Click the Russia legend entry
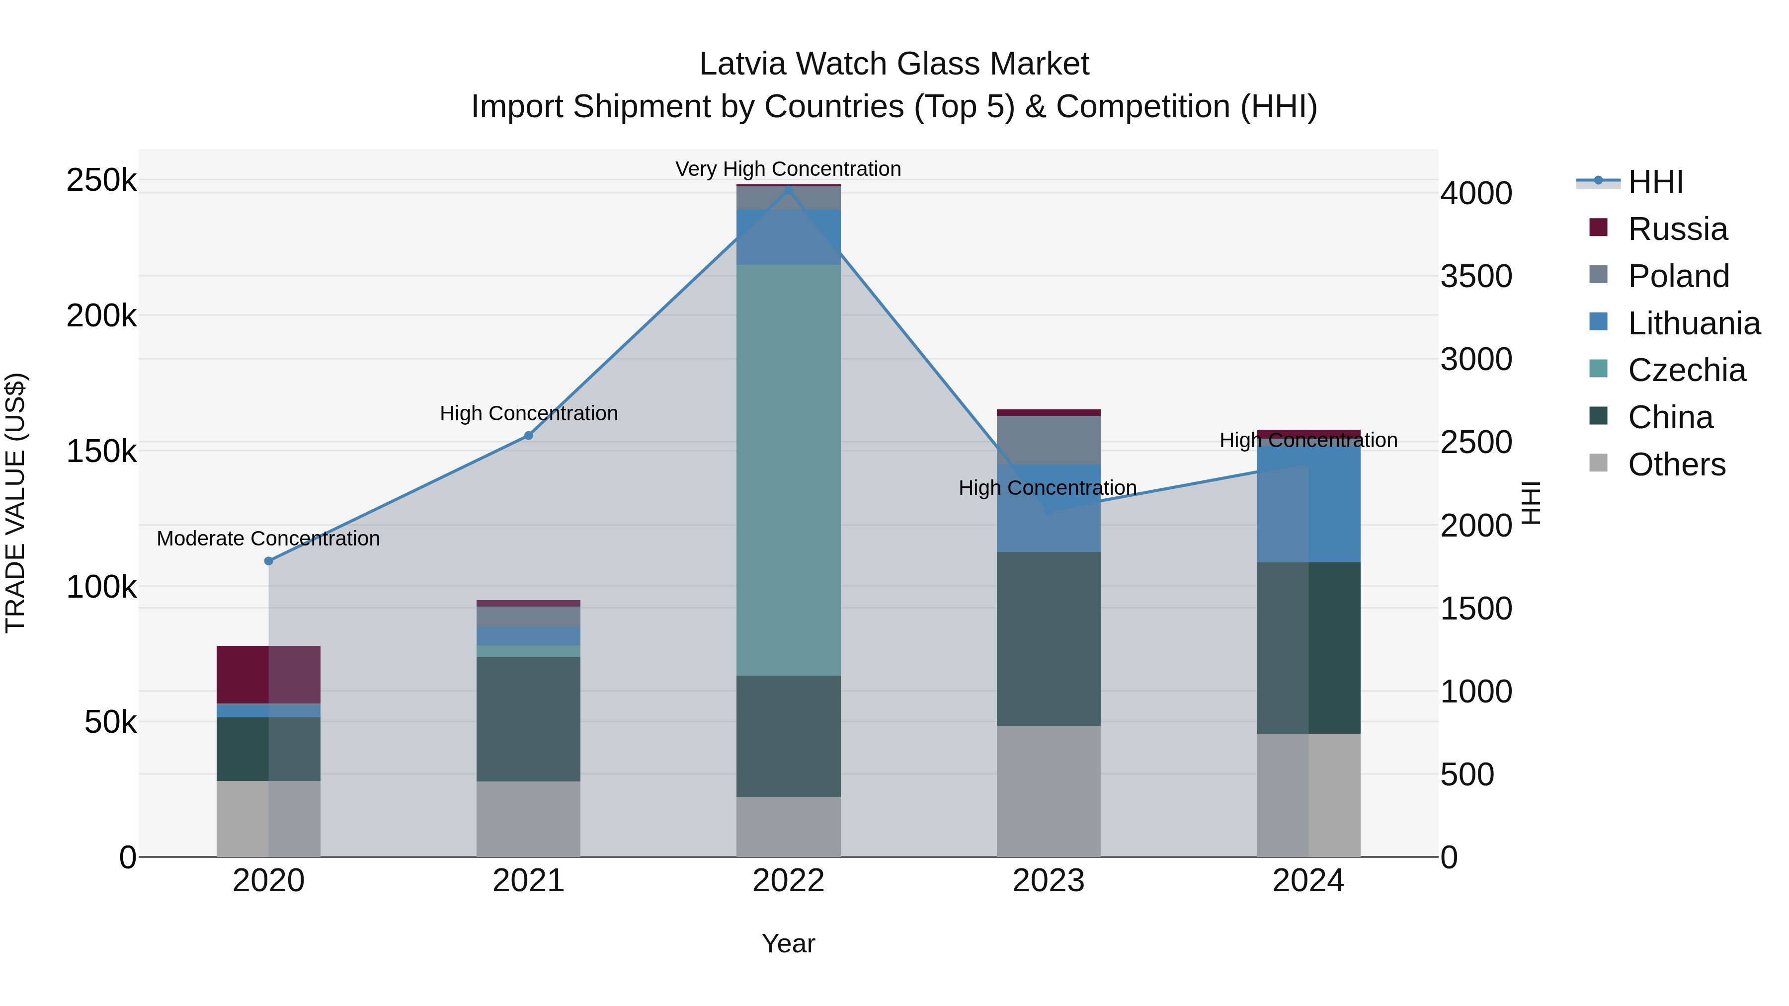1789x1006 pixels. point(1677,229)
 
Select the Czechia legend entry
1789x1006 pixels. point(1686,370)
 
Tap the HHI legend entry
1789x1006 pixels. point(1655,182)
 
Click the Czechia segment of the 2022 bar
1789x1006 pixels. point(788,469)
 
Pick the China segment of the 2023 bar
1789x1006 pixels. point(1048,639)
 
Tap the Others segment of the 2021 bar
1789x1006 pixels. point(528,819)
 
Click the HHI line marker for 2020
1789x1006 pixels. point(269,561)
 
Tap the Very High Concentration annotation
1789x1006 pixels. point(788,169)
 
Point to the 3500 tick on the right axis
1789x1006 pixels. point(1476,276)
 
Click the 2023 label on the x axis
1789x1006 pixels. point(1048,881)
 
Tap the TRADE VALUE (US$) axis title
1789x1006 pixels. point(15,503)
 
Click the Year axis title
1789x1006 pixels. point(788,943)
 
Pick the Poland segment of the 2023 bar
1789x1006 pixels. point(1048,440)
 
